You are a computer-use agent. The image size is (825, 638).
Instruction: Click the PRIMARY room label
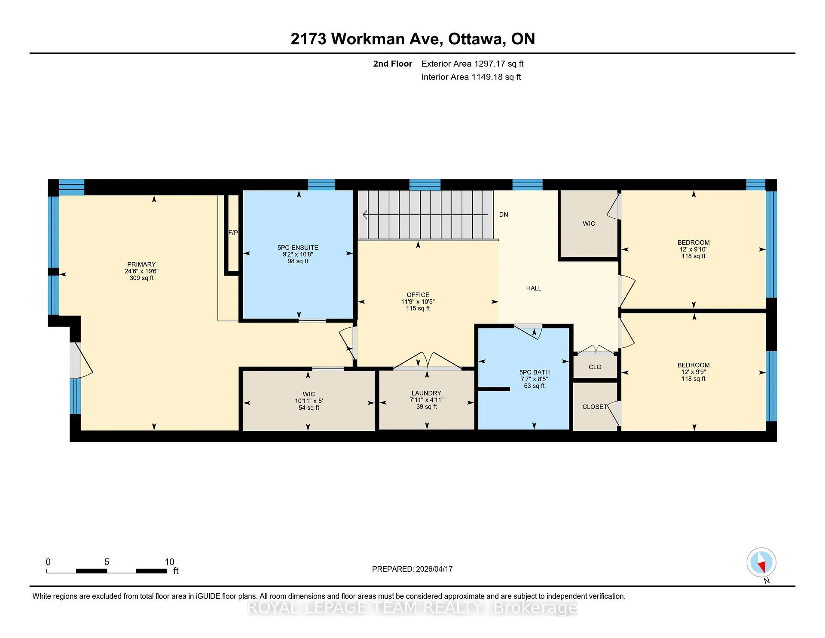pyautogui.click(x=141, y=264)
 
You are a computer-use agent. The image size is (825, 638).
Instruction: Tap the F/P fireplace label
pyautogui.click(x=233, y=233)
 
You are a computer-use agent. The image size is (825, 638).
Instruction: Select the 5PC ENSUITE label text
pyautogui.click(x=298, y=248)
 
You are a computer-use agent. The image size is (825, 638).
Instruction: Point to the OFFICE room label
pyautogui.click(x=418, y=295)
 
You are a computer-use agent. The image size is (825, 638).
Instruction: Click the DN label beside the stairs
pyautogui.click(x=504, y=215)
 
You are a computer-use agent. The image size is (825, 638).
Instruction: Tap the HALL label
pyautogui.click(x=534, y=288)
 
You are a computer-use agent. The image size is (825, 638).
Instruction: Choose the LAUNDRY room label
pyautogui.click(x=426, y=393)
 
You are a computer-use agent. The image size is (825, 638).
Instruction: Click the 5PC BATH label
pyautogui.click(x=535, y=372)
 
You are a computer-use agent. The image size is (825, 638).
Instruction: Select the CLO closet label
pyautogui.click(x=595, y=367)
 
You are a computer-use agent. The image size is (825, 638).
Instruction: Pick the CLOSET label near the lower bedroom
pyautogui.click(x=595, y=407)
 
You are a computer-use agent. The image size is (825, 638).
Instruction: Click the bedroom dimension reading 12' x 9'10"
pyautogui.click(x=694, y=249)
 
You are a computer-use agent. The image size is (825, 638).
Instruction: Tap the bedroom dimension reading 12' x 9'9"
pyautogui.click(x=694, y=372)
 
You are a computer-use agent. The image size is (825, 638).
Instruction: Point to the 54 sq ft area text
pyautogui.click(x=309, y=408)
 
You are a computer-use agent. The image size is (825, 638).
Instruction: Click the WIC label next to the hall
pyautogui.click(x=589, y=224)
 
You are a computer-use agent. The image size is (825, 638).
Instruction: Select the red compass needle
pyautogui.click(x=763, y=567)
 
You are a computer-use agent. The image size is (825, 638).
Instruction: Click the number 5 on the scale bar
pyautogui.click(x=107, y=562)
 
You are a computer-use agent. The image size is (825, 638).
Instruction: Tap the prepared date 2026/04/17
pyautogui.click(x=434, y=569)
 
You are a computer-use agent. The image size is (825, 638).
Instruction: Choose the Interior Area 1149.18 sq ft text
pyautogui.click(x=471, y=77)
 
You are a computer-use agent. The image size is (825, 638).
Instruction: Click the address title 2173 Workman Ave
pyautogui.click(x=367, y=39)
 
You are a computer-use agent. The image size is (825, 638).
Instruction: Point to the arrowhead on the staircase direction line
pyautogui.click(x=365, y=214)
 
